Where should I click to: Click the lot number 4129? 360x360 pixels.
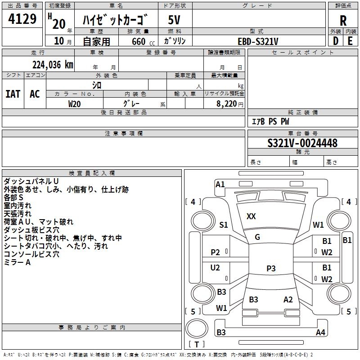click(22, 19)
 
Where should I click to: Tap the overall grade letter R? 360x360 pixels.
click(343, 21)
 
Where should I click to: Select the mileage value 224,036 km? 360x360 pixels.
click(53, 65)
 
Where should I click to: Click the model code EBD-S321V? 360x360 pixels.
click(258, 41)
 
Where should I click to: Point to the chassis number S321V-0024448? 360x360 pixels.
click(302, 143)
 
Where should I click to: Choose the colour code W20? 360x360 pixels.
click(74, 104)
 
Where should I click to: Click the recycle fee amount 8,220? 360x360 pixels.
click(227, 104)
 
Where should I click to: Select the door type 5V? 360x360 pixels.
click(174, 20)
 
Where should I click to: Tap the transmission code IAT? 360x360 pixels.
click(13, 94)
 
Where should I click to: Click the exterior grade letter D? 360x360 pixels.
click(336, 41)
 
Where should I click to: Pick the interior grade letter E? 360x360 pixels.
click(350, 41)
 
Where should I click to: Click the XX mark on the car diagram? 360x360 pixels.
click(251, 216)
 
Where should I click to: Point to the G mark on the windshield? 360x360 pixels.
click(257, 237)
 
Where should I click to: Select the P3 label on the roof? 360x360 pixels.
click(271, 268)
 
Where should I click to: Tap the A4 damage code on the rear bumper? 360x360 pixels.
click(320, 332)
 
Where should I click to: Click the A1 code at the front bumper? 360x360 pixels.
click(220, 184)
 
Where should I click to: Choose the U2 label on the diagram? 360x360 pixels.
click(215, 268)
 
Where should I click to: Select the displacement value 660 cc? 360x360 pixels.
click(144, 41)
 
